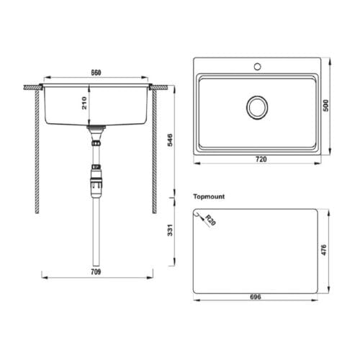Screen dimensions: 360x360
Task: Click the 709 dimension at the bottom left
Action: pyautogui.click(x=96, y=272)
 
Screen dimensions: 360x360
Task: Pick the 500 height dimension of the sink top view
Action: pyautogui.click(x=325, y=105)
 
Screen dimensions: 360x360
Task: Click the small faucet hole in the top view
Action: pyautogui.click(x=256, y=68)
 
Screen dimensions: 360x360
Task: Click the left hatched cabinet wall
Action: pyautogui.click(x=37, y=151)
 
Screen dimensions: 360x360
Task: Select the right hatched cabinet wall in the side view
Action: pyautogui.click(x=154, y=151)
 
